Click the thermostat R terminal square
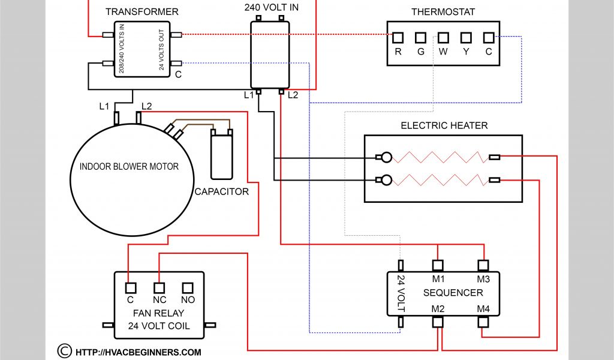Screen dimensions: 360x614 click(398, 38)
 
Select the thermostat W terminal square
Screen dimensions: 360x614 click(443, 38)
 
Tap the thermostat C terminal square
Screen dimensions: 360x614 click(489, 38)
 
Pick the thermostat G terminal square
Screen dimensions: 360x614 click(420, 38)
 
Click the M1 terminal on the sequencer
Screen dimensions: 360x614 click(438, 265)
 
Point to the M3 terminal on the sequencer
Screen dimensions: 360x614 click(483, 265)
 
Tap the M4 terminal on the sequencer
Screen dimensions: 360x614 click(483, 322)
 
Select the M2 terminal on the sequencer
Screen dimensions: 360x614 click(438, 322)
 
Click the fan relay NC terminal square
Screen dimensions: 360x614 click(159, 287)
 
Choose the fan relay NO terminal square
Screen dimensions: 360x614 click(188, 287)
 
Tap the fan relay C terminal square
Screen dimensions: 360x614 click(130, 287)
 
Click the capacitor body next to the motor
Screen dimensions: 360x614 click(221, 156)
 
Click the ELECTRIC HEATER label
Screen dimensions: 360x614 click(444, 125)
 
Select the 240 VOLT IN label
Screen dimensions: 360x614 click(272, 8)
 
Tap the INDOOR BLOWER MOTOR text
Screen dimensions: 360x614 click(129, 166)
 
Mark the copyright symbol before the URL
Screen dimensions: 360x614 click(64, 350)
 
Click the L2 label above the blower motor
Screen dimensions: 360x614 click(146, 106)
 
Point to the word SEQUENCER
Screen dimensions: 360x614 click(453, 293)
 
